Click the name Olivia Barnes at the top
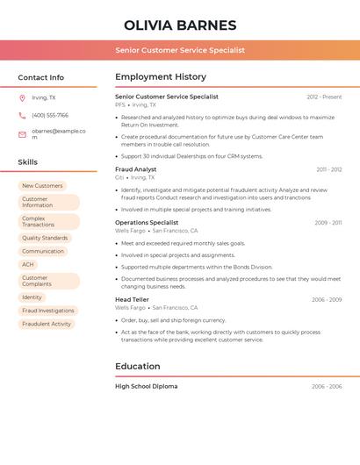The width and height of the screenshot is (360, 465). coord(180,25)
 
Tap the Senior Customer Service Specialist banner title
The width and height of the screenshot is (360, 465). coord(180,50)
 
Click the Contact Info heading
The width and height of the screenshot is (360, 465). coord(41,77)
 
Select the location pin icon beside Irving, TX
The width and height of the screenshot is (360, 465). coord(22,97)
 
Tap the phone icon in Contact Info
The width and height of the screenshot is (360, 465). coord(22,115)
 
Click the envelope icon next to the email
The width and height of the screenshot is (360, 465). coord(22,133)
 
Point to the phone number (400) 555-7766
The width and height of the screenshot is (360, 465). coord(50,115)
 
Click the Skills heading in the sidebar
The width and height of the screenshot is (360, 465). coord(28,162)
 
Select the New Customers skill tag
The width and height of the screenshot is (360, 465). coord(42,186)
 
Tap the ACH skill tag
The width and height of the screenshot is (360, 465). coord(28,264)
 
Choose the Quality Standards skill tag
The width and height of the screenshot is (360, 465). coord(45,238)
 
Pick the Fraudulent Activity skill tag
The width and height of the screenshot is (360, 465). coord(47,324)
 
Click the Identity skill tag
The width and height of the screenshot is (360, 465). coord(32,297)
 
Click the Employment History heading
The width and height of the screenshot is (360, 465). coord(161,77)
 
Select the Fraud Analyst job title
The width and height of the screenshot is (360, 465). coord(136,169)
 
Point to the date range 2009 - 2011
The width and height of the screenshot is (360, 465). coord(328,223)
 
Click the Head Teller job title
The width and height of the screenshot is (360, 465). coord(133,299)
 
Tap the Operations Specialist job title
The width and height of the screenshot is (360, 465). coord(147,223)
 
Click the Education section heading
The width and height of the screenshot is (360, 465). coord(138,366)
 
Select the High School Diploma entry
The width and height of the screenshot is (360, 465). coord(147,386)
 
